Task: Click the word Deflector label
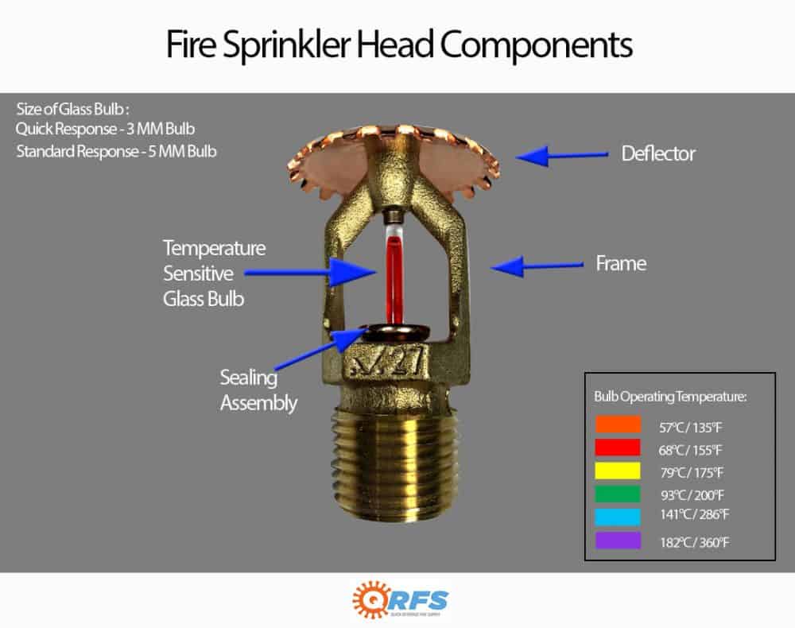tap(657, 153)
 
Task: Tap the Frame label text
tap(620, 263)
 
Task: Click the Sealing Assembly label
tap(258, 390)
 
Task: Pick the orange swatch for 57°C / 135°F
tap(617, 425)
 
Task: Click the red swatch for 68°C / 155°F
tap(617, 448)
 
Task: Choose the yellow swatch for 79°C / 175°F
tap(617, 471)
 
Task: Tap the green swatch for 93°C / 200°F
tap(617, 493)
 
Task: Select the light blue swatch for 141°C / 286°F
tap(617, 516)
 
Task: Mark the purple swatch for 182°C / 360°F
tap(617, 540)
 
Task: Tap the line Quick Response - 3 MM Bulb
tap(103, 130)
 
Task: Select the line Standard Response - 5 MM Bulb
tap(116, 150)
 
